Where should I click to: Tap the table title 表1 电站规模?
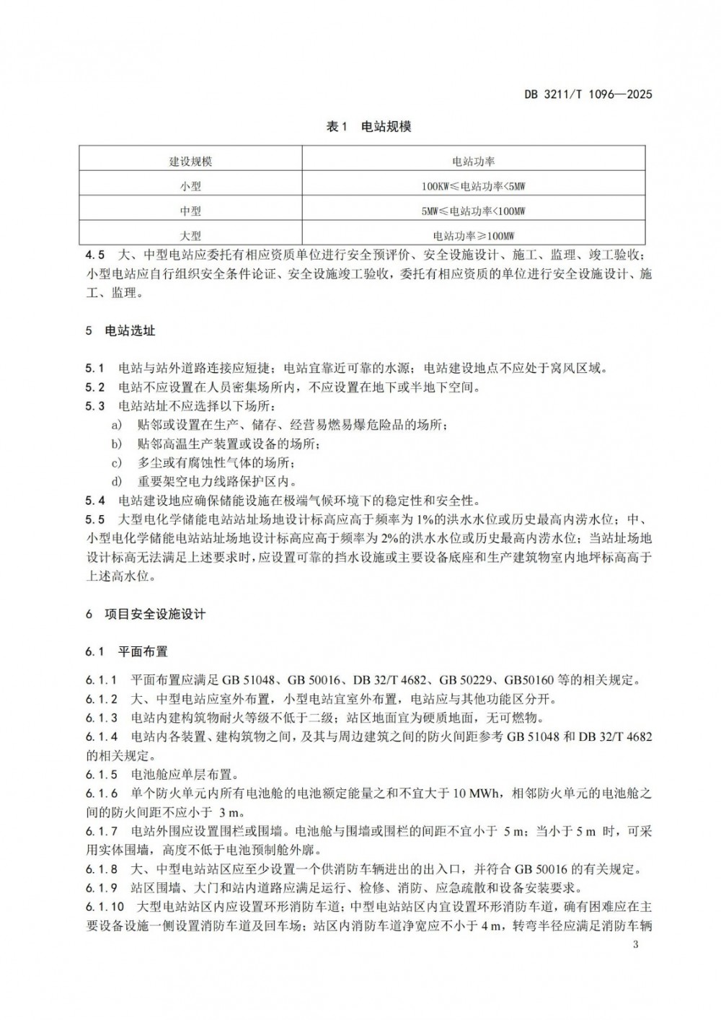[x=368, y=127]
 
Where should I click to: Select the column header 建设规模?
[x=190, y=161]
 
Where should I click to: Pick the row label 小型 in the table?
[x=190, y=186]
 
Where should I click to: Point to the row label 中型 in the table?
[x=190, y=211]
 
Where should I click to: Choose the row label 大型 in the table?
[x=190, y=236]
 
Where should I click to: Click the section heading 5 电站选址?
[x=120, y=331]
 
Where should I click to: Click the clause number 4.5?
[x=94, y=255]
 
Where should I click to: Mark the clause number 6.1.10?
[x=105, y=907]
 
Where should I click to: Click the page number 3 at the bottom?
[x=634, y=945]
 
